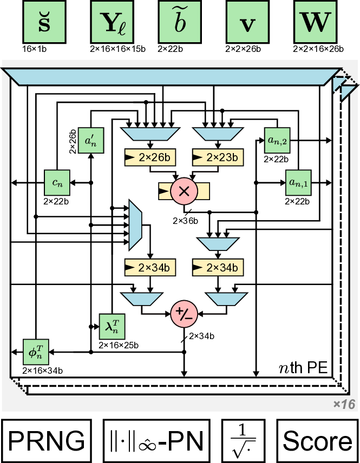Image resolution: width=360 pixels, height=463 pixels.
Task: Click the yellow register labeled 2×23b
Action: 218,157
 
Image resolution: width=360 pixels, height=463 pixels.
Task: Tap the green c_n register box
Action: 57,183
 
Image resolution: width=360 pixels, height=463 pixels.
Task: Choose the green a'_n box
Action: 90,141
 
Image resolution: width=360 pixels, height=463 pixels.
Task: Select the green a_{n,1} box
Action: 298,183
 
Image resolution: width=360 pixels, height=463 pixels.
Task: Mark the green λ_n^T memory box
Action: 112,326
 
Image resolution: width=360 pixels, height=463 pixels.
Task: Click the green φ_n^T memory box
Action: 36,352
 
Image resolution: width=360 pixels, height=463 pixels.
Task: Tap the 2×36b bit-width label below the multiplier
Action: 186,221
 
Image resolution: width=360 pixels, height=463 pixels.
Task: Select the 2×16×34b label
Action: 42,371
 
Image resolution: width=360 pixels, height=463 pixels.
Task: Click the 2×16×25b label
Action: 118,345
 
